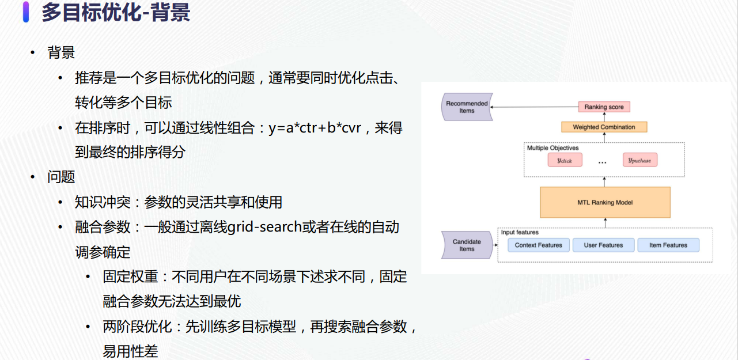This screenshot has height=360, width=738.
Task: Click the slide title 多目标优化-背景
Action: pyautogui.click(x=116, y=12)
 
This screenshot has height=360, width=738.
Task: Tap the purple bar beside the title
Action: pyautogui.click(x=26, y=12)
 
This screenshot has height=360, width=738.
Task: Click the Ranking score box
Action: pyautogui.click(x=604, y=107)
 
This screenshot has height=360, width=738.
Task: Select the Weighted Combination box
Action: pyautogui.click(x=604, y=127)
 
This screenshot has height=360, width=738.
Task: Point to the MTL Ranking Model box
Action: pyautogui.click(x=605, y=202)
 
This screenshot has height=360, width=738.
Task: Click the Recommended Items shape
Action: pyautogui.click(x=467, y=107)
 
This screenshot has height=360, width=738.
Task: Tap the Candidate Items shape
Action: pyautogui.click(x=467, y=245)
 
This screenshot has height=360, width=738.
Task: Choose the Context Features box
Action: pyautogui.click(x=538, y=245)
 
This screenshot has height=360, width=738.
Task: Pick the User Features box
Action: pyautogui.click(x=603, y=245)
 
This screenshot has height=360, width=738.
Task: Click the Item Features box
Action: pyautogui.click(x=668, y=245)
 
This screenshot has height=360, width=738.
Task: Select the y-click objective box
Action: pyautogui.click(x=565, y=160)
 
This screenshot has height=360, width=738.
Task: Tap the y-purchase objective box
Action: pyautogui.click(x=640, y=160)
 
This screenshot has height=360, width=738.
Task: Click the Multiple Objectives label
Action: pyautogui.click(x=552, y=148)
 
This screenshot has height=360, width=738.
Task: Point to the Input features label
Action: pyautogui.click(x=520, y=232)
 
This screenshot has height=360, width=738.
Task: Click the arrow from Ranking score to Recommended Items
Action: pyautogui.click(x=535, y=107)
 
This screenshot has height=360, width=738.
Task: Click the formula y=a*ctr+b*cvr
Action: pyautogui.click(x=315, y=128)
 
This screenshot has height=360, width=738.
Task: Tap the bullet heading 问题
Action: pyautogui.click(x=61, y=177)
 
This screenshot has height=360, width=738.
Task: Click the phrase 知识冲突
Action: pyautogui.click(x=103, y=202)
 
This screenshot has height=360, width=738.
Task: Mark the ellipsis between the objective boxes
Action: pyautogui.click(x=602, y=162)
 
